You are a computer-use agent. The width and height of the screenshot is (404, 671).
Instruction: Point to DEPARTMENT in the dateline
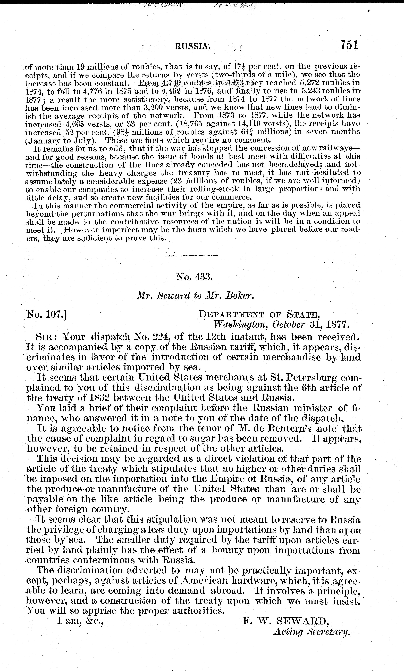tap(231, 315)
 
